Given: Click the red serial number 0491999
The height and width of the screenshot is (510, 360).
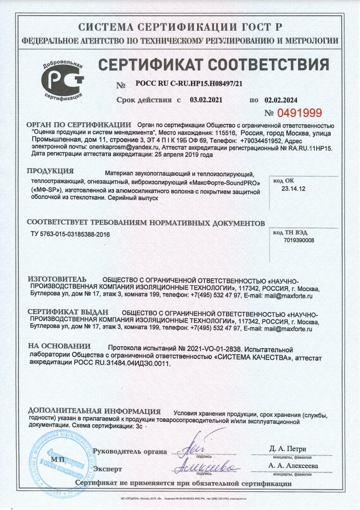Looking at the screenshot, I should pyautogui.click(x=300, y=114).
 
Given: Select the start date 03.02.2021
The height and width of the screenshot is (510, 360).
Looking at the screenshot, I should pyautogui.click(x=206, y=99).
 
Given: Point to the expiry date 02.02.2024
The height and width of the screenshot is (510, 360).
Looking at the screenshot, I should pyautogui.click(x=281, y=99).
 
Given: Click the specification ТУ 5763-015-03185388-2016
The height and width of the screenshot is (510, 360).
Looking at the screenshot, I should pyautogui.click(x=70, y=235).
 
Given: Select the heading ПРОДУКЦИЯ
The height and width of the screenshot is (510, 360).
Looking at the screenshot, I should pyautogui.click(x=50, y=171).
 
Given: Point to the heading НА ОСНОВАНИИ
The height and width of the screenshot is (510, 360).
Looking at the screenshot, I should pyautogui.click(x=59, y=346).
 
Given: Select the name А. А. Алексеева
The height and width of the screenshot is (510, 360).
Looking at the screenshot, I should pyautogui.click(x=293, y=466).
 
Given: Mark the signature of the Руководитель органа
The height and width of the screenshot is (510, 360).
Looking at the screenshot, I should pyautogui.click(x=197, y=447).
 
